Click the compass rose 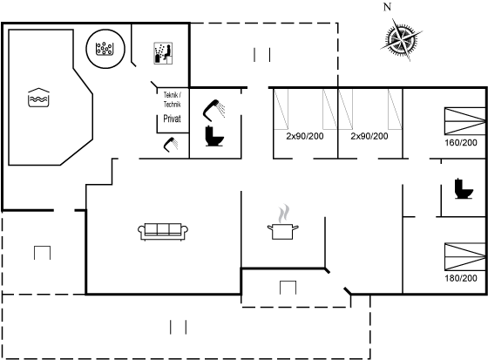tap(401, 39)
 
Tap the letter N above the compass tap(387, 7)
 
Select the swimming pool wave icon tap(38, 98)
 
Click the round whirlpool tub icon tap(105, 49)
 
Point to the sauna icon tap(163, 53)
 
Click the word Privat tap(173, 119)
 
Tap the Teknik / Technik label tap(173, 99)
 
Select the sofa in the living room tap(163, 231)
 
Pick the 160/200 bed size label tap(461, 143)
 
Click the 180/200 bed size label tap(461, 278)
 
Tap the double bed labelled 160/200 tap(464, 121)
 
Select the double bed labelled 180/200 tap(464, 256)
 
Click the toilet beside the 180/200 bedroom tap(464, 188)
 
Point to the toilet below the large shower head tap(214, 136)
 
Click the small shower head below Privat tap(171, 145)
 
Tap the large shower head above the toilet tap(213, 110)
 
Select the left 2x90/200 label tap(305, 136)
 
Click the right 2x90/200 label tap(369, 136)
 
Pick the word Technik tap(173, 105)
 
